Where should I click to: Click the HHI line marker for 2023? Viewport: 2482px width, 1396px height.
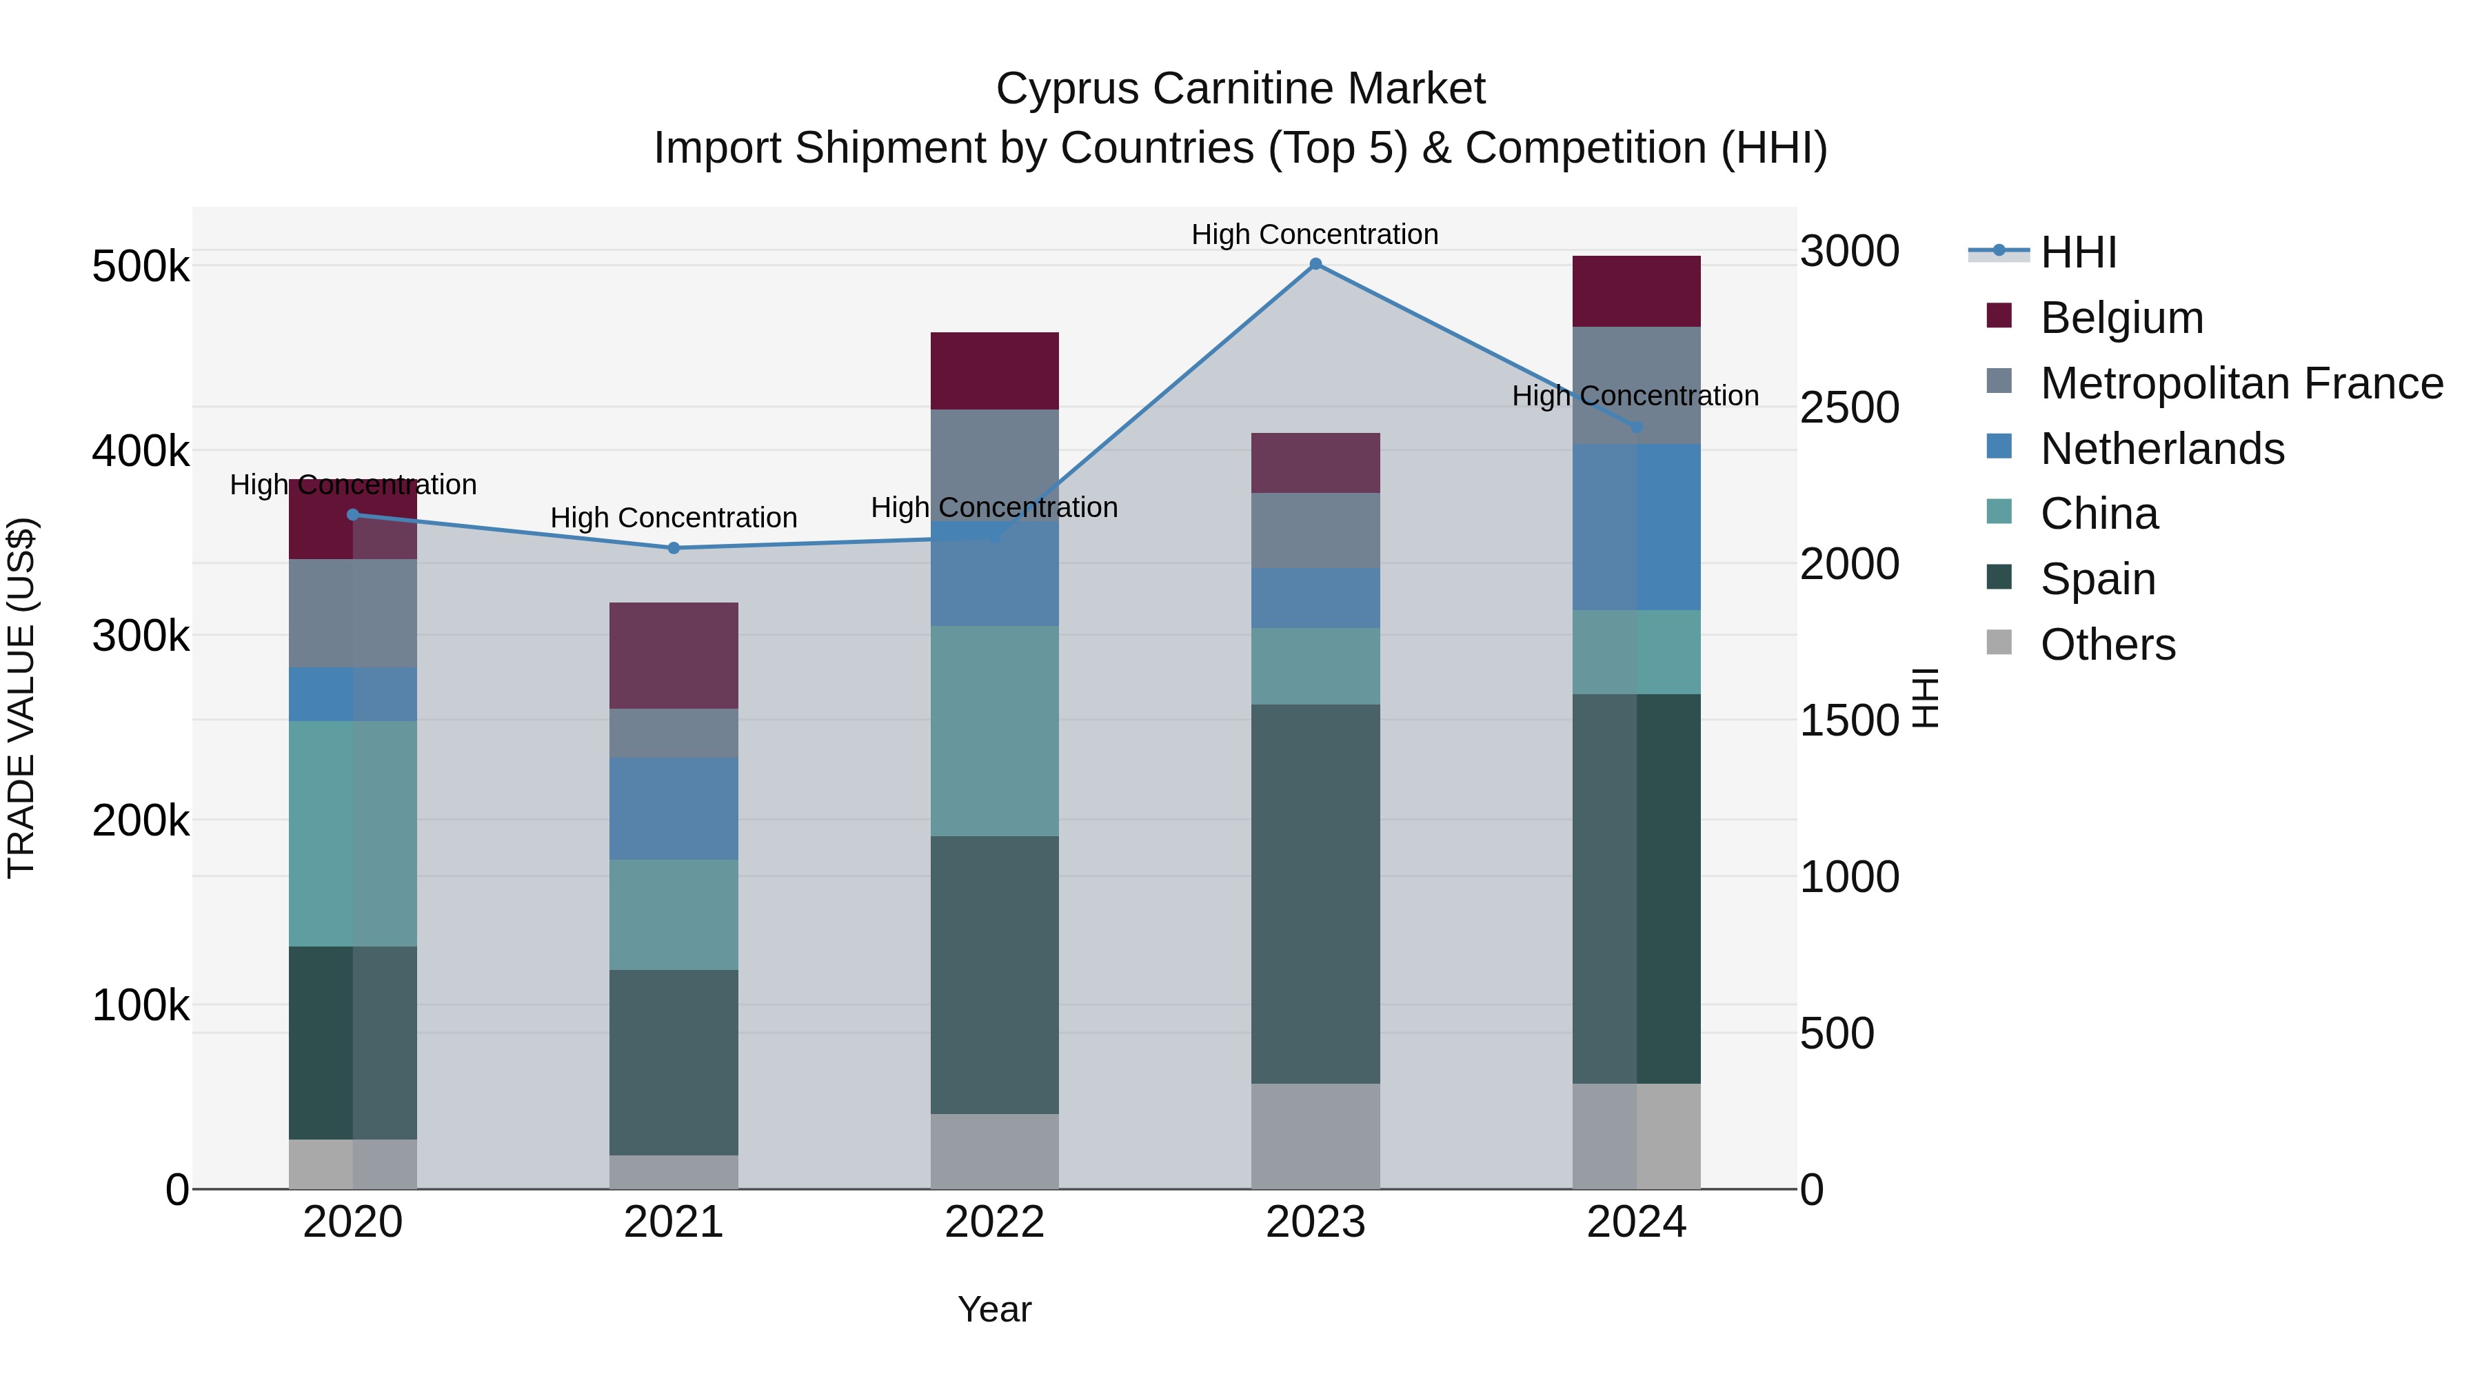[1315, 264]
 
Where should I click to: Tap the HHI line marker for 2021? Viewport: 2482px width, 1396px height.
[674, 548]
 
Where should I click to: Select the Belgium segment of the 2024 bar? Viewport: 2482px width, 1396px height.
[1636, 291]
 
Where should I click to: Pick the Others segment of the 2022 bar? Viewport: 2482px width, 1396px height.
[994, 1151]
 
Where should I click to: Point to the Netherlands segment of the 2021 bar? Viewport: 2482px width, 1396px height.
[674, 809]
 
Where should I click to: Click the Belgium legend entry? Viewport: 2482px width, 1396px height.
[2121, 318]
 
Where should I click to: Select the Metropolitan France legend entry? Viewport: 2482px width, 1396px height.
[2241, 383]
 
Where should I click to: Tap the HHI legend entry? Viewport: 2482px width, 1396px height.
[2077, 252]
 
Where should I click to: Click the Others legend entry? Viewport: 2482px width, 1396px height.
[2107, 645]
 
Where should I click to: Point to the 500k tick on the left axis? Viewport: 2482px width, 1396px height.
[141, 267]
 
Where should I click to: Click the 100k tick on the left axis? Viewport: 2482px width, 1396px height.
[141, 1006]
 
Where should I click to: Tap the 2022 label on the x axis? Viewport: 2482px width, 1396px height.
[994, 1222]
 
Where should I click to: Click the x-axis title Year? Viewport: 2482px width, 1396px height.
[994, 1309]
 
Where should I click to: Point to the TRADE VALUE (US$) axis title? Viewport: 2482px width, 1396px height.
[22, 698]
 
